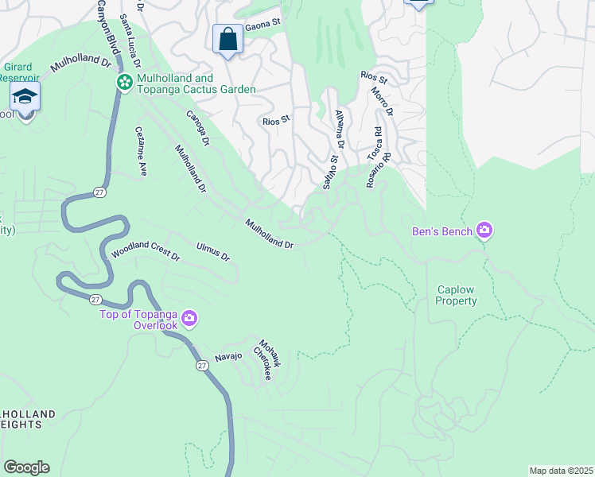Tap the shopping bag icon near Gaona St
[228, 39]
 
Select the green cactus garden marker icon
[124, 83]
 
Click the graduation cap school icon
[25, 97]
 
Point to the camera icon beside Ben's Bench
[484, 231]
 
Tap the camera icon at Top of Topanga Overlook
[189, 319]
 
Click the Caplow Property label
[457, 296]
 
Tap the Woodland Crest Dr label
[146, 254]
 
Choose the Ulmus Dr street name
[212, 251]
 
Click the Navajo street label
[227, 356]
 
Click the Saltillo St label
[330, 172]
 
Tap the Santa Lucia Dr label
[130, 39]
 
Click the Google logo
[26, 467]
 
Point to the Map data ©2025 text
[560, 471]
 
